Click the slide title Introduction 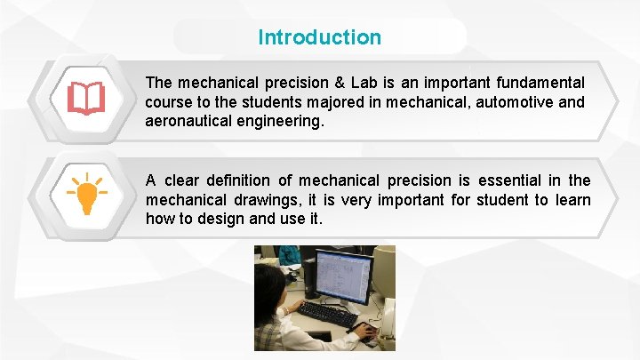319,37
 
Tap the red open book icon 86,99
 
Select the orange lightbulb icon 87,194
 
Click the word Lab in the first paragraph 364,83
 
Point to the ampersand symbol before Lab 339,83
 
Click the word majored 332,102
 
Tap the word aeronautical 187,121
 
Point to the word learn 572,200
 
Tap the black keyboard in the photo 327,314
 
